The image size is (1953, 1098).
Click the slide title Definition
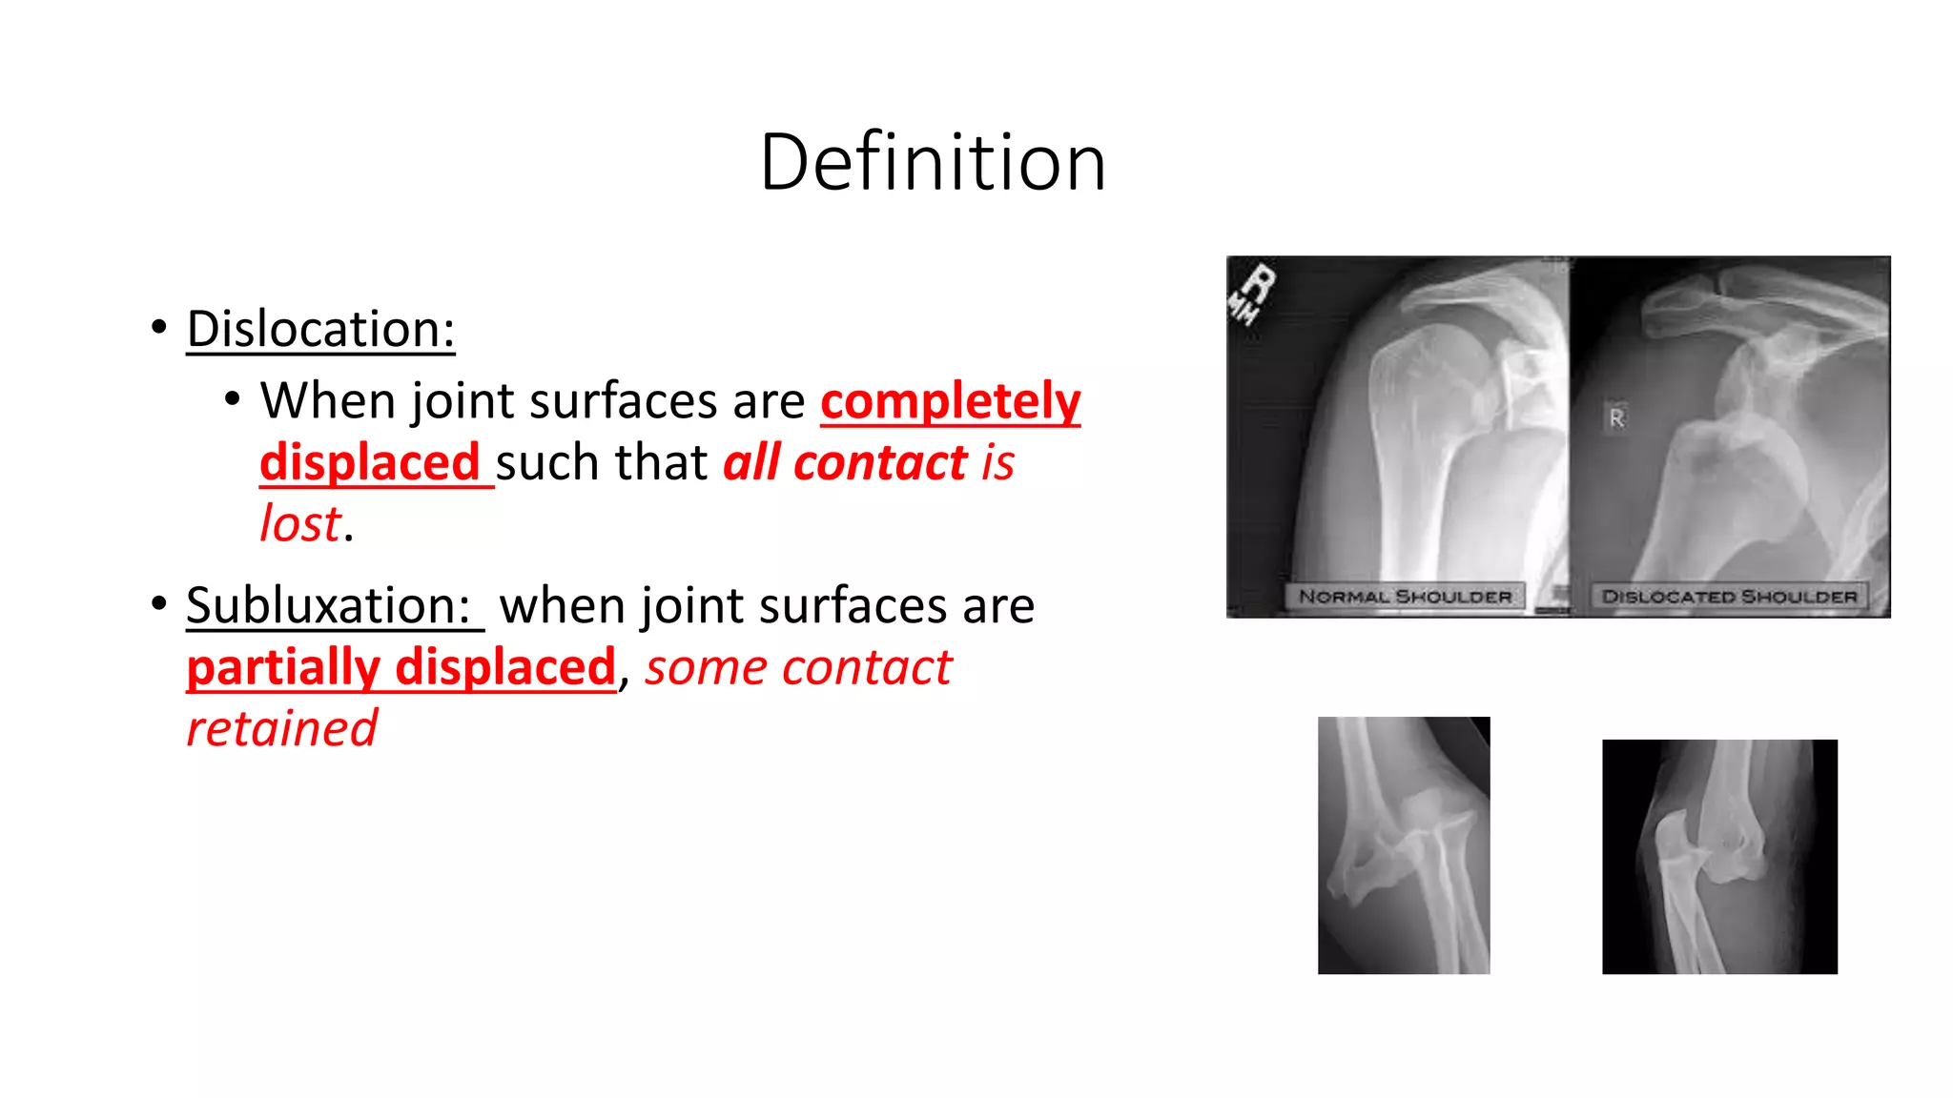tap(933, 162)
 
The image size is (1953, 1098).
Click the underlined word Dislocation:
tap(320, 330)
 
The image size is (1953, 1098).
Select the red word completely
tap(950, 400)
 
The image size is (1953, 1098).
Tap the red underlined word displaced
tap(370, 463)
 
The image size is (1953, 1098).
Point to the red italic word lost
tap(300, 524)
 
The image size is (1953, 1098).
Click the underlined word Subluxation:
tap(329, 606)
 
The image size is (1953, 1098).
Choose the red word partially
tap(283, 667)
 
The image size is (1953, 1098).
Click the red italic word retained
tap(282, 729)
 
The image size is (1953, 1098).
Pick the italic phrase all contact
tap(845, 463)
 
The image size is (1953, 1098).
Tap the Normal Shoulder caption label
tap(1405, 597)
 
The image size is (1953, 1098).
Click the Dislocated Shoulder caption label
tap(1729, 597)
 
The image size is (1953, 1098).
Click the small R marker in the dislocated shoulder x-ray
tap(1616, 417)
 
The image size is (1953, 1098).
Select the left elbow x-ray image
tap(1403, 845)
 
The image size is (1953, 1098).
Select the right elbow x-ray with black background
tap(1719, 856)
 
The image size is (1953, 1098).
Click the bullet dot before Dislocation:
tap(159, 327)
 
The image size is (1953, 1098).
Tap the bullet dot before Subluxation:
tap(159, 603)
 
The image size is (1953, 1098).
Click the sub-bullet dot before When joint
tap(233, 399)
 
